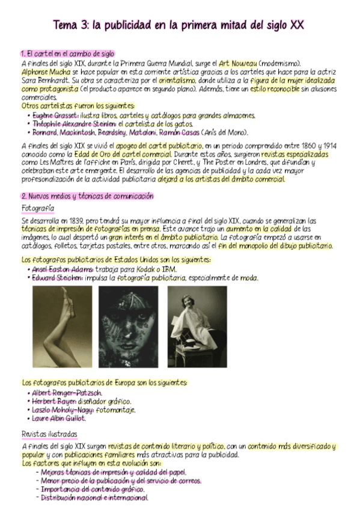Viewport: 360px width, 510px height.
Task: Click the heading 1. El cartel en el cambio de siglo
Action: (67, 54)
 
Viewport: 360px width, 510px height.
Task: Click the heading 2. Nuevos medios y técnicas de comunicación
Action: (87, 196)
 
